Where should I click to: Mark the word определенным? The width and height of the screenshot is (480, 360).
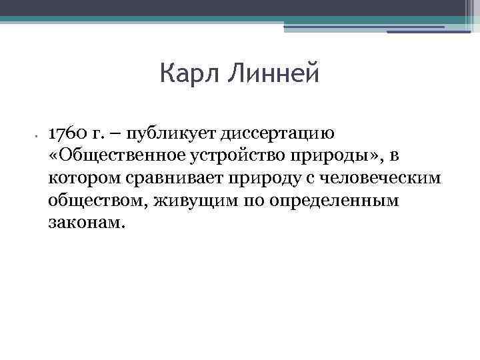pos(333,201)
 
